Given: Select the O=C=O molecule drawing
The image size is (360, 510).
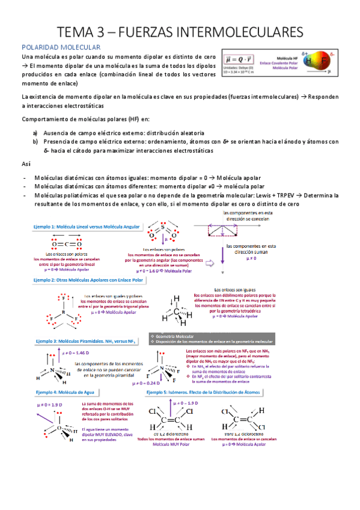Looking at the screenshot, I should (67, 244).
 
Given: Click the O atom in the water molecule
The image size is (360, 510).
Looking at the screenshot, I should (59, 428).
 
